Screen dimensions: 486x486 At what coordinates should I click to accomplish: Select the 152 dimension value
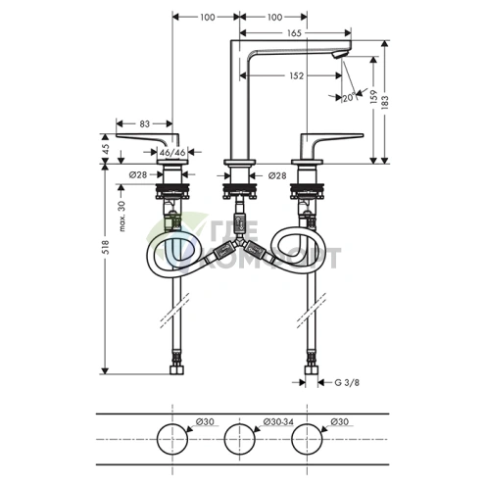pyautogui.click(x=294, y=74)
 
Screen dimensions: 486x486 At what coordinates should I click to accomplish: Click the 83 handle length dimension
pyautogui.click(x=143, y=123)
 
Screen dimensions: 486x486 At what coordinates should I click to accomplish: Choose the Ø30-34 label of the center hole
pyautogui.click(x=279, y=423)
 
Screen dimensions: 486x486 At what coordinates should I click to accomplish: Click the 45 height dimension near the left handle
pyautogui.click(x=106, y=150)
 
